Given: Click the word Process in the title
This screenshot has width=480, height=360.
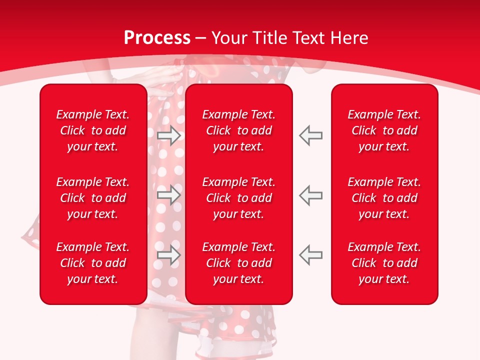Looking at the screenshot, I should pos(157,38).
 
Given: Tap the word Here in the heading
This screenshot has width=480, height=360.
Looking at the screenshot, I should pos(348,38).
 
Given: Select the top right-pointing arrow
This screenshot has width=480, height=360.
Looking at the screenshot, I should pos(168,135).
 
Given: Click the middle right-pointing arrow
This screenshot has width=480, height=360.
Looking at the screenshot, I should pos(168,194).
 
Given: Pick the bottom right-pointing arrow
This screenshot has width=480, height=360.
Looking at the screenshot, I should pos(168,254).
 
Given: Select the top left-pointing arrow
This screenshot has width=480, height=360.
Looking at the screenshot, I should pos(311,135).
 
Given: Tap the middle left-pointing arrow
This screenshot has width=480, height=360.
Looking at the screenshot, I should pos(311,194).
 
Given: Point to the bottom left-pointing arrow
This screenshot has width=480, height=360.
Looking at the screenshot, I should pos(311,254).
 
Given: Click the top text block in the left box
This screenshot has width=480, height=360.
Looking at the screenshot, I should pos(93,130).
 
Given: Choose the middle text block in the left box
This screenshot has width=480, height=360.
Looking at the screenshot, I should pos(93,198).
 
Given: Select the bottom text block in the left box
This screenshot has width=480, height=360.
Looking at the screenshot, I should pos(93,263).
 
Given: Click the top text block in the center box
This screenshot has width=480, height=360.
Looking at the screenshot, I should pos(238,130).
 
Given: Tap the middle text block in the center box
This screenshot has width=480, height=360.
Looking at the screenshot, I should pos(238,198).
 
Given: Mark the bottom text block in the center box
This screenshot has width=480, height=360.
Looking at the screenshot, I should pos(238,263).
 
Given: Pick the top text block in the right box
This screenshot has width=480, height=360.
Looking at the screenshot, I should pos(384,130).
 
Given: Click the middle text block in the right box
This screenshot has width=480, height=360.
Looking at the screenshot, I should pos(384,198).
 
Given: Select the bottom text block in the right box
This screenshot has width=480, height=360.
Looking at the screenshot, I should pos(384,263).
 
